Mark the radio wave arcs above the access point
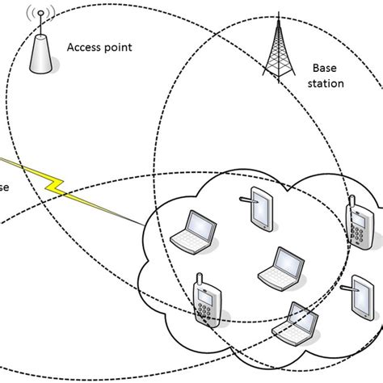click(38, 15)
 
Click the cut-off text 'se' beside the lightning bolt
click(5, 187)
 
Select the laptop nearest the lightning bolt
click(195, 231)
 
